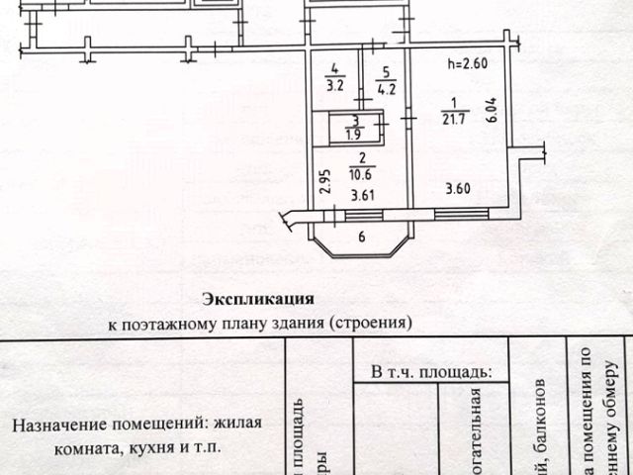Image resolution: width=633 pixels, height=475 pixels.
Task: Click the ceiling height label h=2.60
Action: [x=468, y=65]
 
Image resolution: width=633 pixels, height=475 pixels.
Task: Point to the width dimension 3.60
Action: [x=457, y=189]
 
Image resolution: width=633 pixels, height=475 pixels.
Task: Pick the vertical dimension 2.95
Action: [x=324, y=184]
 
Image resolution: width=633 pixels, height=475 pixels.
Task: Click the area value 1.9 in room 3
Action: [x=352, y=134]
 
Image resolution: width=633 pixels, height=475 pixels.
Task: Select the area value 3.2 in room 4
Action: [x=336, y=84]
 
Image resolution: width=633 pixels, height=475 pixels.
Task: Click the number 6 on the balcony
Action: [x=361, y=236]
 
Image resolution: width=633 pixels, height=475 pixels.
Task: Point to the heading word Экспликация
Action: [x=258, y=297]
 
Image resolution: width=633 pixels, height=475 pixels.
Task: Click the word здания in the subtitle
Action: [x=299, y=322]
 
